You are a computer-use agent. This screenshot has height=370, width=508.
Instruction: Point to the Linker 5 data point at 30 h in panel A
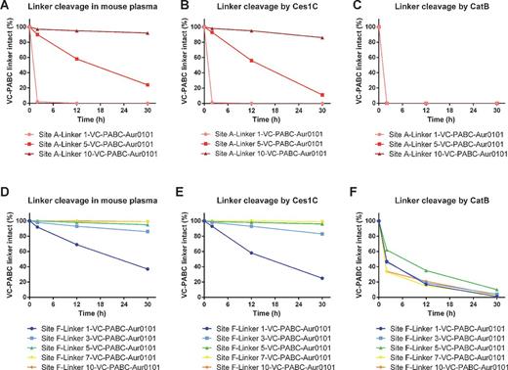coord(148,84)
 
